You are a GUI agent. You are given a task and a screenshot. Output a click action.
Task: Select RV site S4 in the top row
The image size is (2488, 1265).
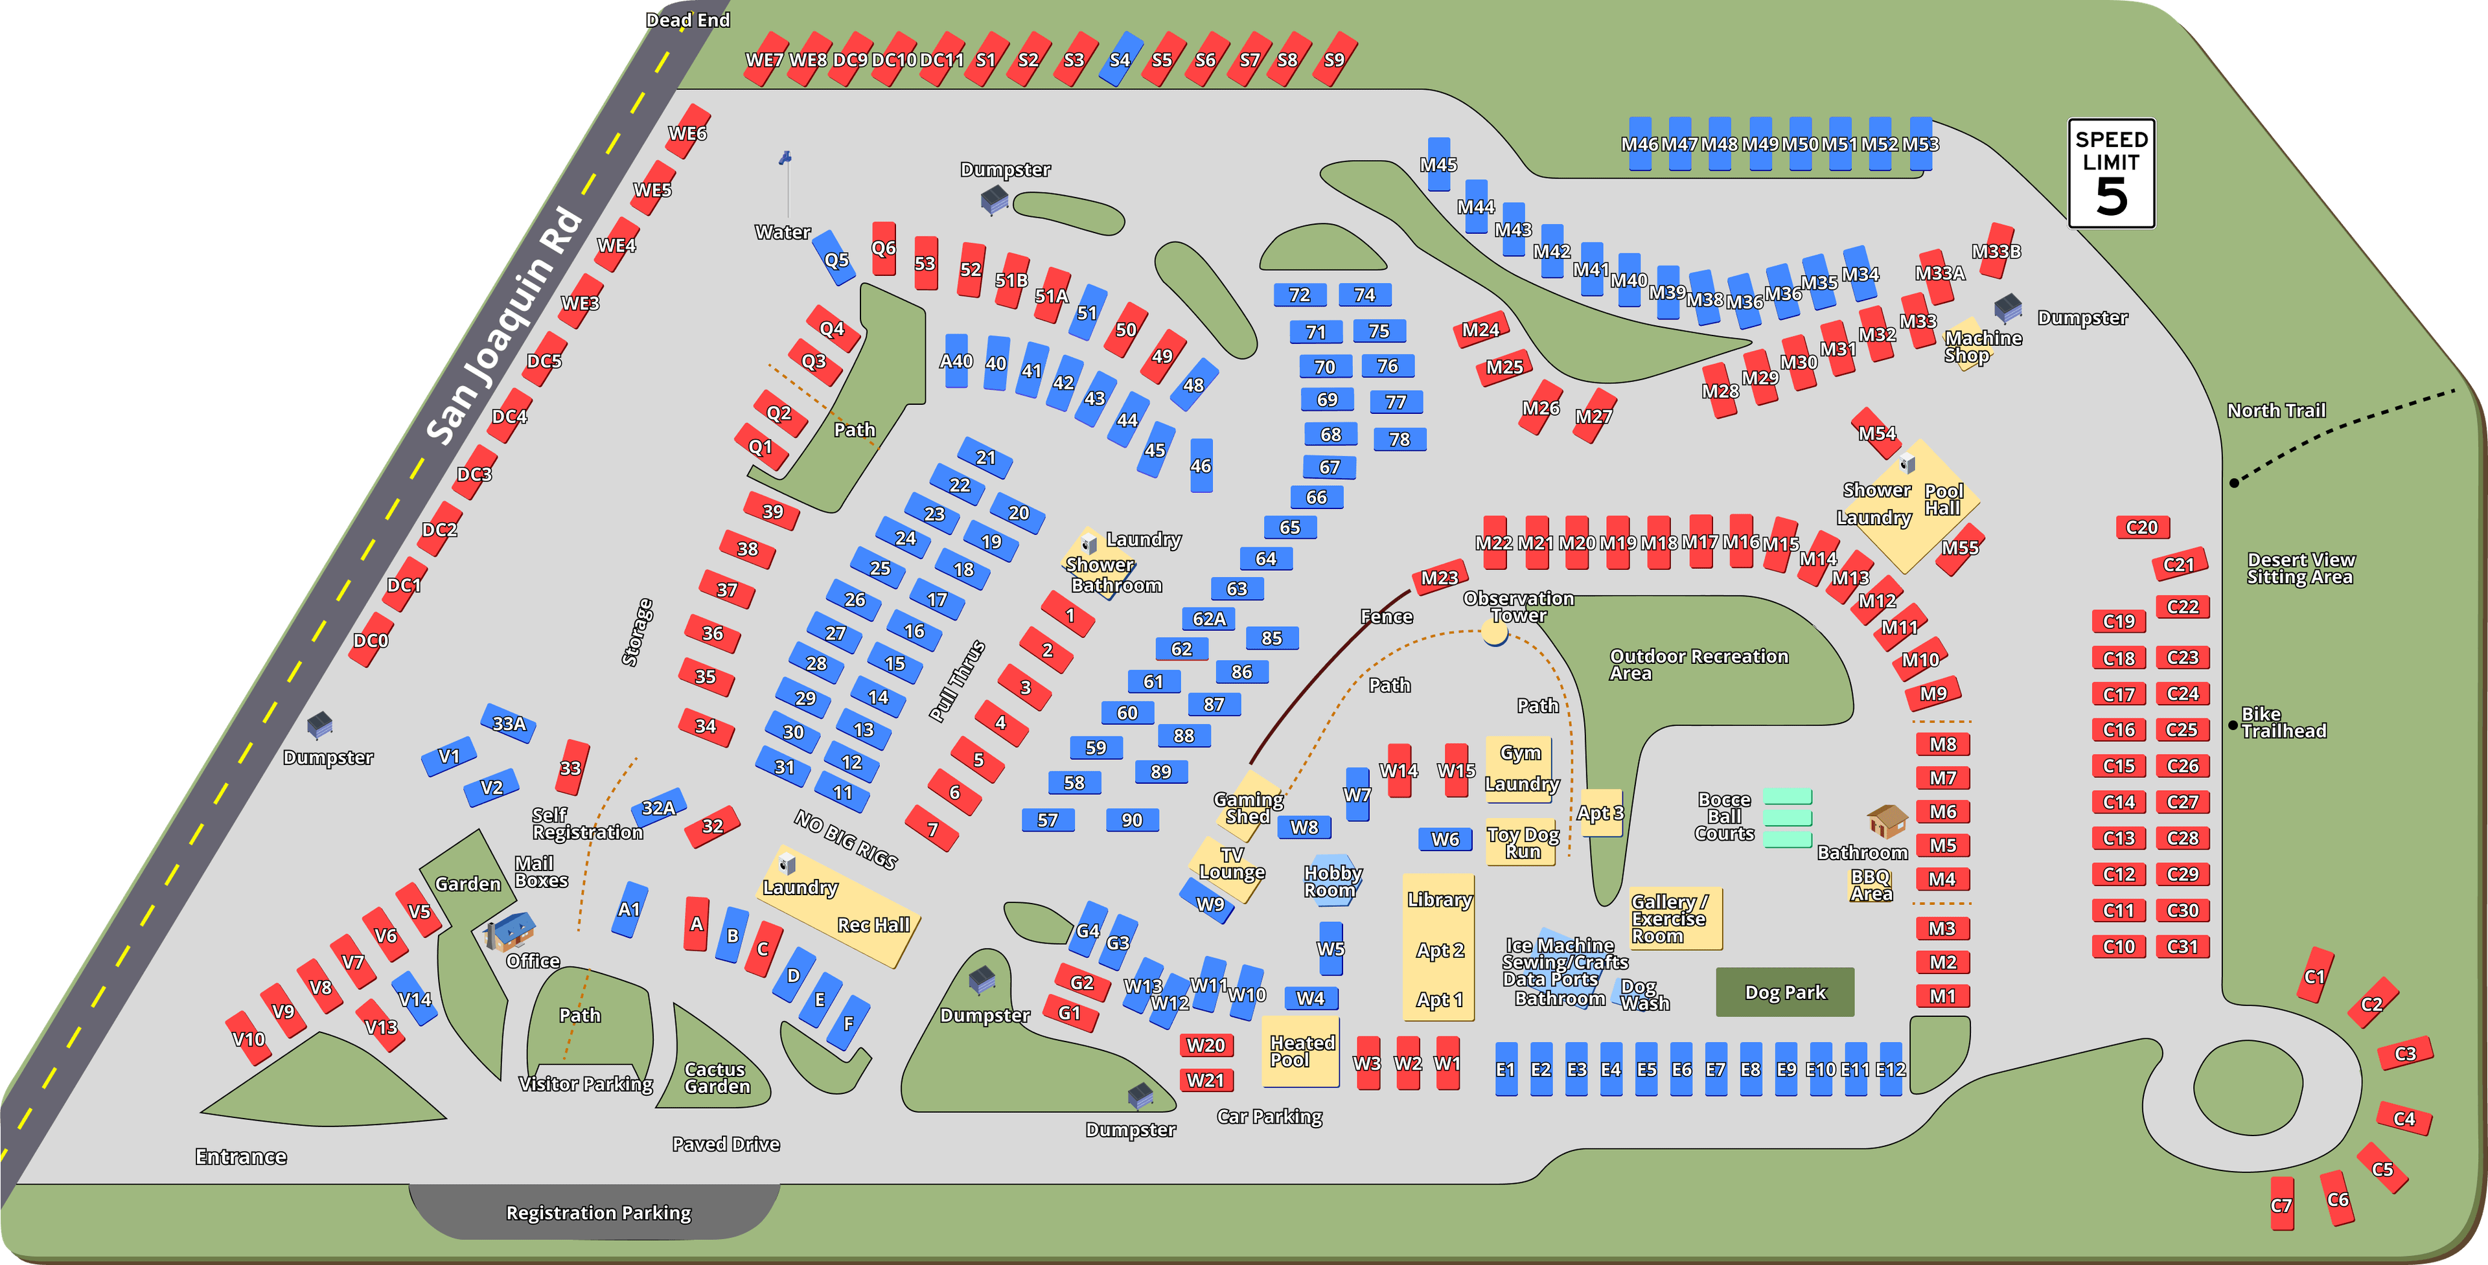pyautogui.click(x=1120, y=59)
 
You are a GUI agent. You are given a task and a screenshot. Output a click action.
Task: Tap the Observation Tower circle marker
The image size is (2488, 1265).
pyautogui.click(x=1494, y=632)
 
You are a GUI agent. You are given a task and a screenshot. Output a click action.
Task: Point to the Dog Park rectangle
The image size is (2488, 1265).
pyautogui.click(x=1785, y=992)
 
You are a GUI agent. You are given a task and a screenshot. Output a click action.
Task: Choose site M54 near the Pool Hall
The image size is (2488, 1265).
pyautogui.click(x=1876, y=433)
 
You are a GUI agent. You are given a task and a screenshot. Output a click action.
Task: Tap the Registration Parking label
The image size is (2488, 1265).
pyautogui.click(x=598, y=1213)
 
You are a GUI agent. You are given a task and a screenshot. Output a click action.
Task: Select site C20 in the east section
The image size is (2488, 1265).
pyautogui.click(x=2141, y=527)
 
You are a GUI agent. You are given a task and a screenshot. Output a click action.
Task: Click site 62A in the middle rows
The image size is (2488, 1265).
pyautogui.click(x=1208, y=618)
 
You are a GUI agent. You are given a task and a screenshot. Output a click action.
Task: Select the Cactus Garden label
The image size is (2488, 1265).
pyautogui.click(x=717, y=1078)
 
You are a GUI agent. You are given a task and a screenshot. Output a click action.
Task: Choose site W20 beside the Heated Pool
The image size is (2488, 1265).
pyautogui.click(x=1205, y=1045)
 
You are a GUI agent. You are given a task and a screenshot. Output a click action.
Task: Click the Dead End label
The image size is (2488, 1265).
pyautogui.click(x=687, y=19)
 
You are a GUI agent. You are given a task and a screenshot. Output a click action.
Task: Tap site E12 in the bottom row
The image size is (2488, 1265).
pyautogui.click(x=1890, y=1069)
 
